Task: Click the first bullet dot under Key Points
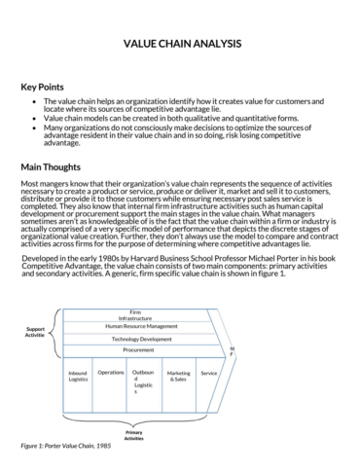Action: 35,101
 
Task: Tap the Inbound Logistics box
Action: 78,376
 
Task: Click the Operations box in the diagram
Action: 111,372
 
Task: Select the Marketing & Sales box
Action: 178,376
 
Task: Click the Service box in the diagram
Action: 208,372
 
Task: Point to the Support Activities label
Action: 35,332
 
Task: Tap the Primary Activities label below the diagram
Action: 134,435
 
